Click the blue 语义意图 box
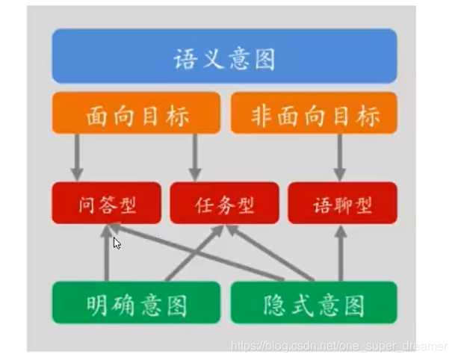click(x=224, y=56)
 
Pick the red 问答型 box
click(x=106, y=202)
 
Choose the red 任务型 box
click(x=225, y=202)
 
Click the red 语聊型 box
click(x=342, y=202)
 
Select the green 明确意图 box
click(x=136, y=302)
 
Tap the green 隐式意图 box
click(x=314, y=302)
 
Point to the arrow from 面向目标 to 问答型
click(x=76, y=158)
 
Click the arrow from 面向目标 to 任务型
click(x=195, y=158)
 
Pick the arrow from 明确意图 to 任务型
click(x=196, y=254)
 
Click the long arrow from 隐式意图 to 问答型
click(x=209, y=254)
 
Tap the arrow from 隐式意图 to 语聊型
click(x=342, y=254)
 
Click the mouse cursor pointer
click(x=117, y=243)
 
